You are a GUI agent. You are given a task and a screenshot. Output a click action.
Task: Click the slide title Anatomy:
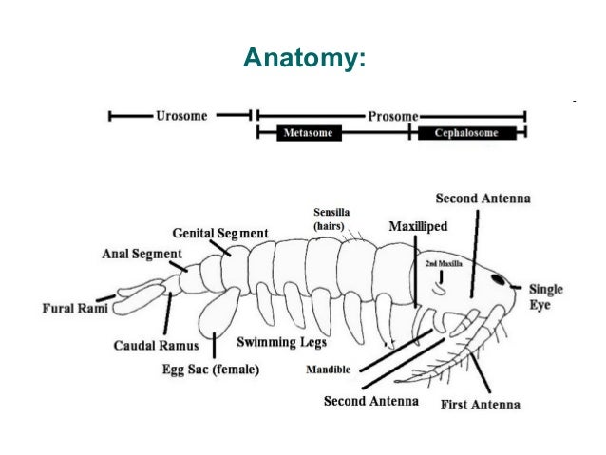(304, 60)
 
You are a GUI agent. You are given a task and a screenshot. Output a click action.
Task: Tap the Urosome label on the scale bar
(182, 115)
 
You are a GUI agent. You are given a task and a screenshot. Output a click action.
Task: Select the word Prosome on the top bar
(392, 115)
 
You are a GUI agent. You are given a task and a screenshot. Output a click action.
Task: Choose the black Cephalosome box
(466, 133)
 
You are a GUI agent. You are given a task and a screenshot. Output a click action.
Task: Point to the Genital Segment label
(219, 233)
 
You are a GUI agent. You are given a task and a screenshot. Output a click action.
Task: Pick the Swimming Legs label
(281, 341)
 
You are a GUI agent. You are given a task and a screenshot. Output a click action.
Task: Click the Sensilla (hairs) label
(336, 219)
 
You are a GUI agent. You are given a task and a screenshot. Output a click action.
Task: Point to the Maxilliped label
(418, 227)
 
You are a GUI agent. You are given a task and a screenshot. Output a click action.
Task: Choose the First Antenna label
(481, 405)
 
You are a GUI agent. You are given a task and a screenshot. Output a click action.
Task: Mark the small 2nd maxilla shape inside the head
(440, 282)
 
